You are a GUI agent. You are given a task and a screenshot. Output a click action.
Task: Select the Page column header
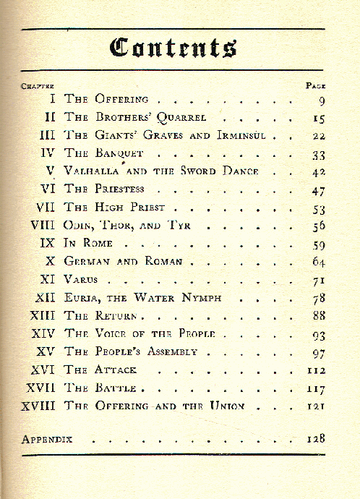coord(315,85)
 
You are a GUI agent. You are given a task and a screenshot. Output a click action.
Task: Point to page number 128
coord(314,438)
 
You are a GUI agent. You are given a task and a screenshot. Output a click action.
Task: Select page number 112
coord(314,369)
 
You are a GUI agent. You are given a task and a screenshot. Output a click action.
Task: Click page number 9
coord(319,99)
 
